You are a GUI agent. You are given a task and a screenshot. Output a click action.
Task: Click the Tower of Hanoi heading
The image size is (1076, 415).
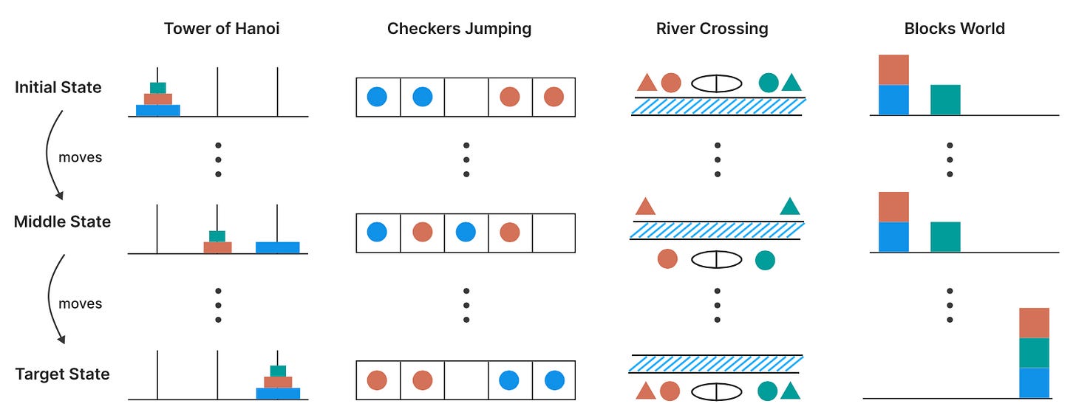[222, 29]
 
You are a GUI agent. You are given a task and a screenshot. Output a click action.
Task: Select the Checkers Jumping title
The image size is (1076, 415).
[459, 29]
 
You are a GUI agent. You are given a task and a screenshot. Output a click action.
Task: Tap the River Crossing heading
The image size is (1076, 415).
[712, 29]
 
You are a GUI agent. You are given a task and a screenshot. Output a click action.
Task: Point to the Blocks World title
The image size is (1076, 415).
[955, 29]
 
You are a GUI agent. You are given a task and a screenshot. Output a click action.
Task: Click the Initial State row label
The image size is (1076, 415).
[58, 87]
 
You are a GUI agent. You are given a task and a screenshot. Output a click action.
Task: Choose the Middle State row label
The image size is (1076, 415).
[62, 222]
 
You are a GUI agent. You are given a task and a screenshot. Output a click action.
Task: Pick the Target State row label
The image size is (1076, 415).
[62, 374]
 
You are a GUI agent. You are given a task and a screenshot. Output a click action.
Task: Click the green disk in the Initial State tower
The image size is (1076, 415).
[157, 88]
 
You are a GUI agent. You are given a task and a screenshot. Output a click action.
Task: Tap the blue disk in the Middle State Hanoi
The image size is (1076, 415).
[278, 247]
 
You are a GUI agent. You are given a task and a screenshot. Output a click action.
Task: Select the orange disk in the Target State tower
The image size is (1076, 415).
[278, 383]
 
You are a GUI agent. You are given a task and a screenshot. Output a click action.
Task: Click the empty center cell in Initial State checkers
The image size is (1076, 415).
[466, 97]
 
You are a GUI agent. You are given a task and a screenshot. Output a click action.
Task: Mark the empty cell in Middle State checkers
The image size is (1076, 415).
[554, 233]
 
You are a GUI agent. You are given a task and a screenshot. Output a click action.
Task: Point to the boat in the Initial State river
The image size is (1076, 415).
[716, 83]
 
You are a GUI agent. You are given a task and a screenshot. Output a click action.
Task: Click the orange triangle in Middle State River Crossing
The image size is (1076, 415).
[645, 206]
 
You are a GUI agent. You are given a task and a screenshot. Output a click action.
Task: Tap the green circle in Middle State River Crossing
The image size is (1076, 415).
[765, 260]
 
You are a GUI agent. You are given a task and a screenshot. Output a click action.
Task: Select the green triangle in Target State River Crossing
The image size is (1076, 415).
[790, 391]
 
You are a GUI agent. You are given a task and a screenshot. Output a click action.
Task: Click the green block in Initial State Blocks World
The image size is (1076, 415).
[945, 100]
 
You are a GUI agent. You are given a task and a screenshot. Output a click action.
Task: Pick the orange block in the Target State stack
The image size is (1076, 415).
[1034, 323]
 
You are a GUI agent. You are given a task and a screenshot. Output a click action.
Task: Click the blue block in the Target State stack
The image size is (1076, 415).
[1034, 383]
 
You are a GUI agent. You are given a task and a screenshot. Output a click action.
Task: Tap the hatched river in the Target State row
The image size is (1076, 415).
[715, 363]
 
